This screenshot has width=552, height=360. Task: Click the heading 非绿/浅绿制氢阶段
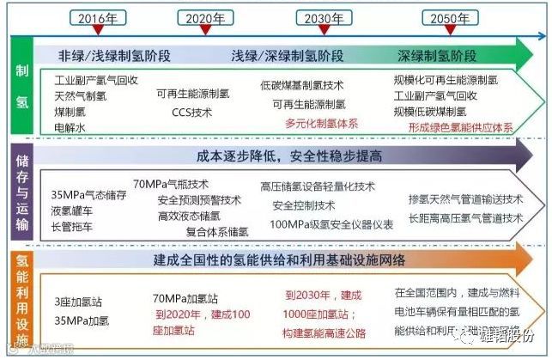(x=116, y=56)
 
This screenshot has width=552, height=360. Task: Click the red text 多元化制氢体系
(x=321, y=123)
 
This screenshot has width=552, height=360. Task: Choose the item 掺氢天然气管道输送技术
(x=465, y=198)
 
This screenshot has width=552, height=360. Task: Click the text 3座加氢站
(x=78, y=301)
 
